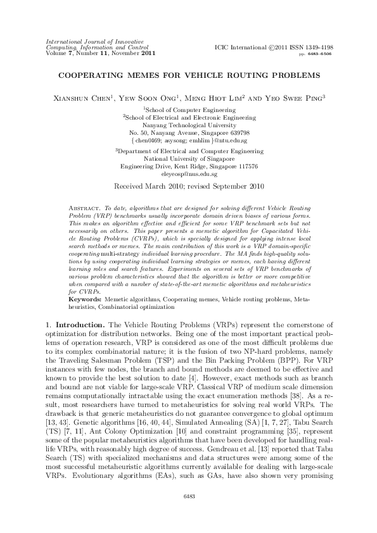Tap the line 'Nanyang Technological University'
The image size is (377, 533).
pyautogui.click(x=189, y=125)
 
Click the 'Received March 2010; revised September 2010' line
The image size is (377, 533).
pyautogui.click(x=188, y=188)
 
